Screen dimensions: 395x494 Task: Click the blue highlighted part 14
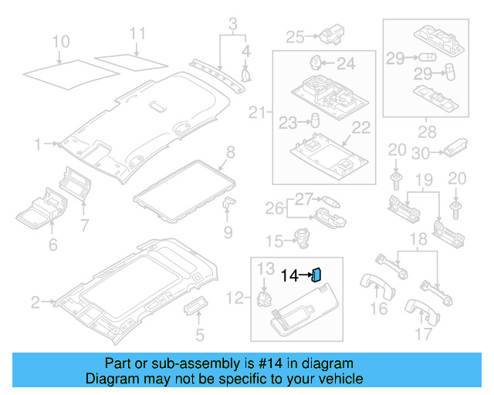coord(316,275)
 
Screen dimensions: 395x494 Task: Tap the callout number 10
coord(60,40)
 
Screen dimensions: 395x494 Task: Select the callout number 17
coord(423,334)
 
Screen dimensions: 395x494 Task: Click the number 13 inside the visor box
coord(266,268)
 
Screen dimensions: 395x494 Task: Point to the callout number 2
coord(35,302)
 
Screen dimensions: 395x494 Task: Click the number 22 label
coord(362,127)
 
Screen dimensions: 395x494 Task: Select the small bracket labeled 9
coord(230,204)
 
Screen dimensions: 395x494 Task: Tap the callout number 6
coord(52,245)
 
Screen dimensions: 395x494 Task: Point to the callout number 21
coord(256,113)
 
